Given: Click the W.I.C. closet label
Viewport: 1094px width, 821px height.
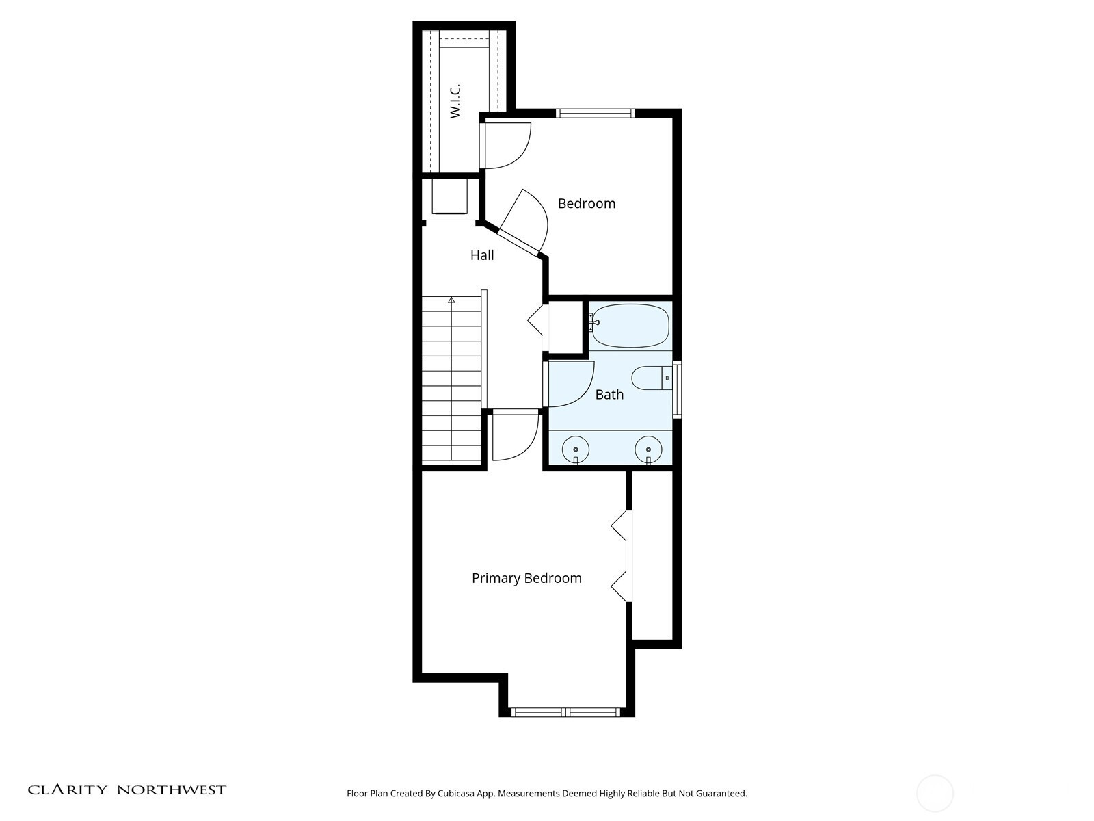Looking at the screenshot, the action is [x=455, y=101].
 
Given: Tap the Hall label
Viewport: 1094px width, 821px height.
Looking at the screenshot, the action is [x=482, y=255].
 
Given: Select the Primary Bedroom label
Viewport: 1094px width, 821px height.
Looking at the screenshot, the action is [x=526, y=578].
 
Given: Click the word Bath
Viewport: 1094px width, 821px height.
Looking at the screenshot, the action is [x=609, y=394].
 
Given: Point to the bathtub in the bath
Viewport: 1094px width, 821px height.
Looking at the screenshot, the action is [x=630, y=326].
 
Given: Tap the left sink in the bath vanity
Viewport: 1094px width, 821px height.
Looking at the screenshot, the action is [x=576, y=449].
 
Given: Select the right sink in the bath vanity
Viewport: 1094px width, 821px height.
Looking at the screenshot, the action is [x=648, y=449].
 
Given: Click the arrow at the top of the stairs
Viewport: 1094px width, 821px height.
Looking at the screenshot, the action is [x=451, y=300].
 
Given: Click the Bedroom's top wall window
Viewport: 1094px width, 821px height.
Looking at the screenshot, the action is [x=596, y=113].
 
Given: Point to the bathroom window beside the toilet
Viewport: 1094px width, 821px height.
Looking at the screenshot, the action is [x=677, y=389].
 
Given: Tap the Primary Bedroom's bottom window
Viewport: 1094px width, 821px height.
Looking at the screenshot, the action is [x=566, y=712].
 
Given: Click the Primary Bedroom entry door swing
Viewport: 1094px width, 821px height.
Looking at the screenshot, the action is [x=516, y=436].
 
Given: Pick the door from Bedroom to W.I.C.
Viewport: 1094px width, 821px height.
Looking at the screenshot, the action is [x=505, y=146].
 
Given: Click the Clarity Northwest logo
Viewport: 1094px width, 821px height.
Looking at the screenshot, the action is [x=126, y=790].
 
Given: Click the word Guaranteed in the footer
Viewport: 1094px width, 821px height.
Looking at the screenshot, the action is [x=721, y=794].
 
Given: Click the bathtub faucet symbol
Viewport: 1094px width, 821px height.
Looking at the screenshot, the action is [x=593, y=322].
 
